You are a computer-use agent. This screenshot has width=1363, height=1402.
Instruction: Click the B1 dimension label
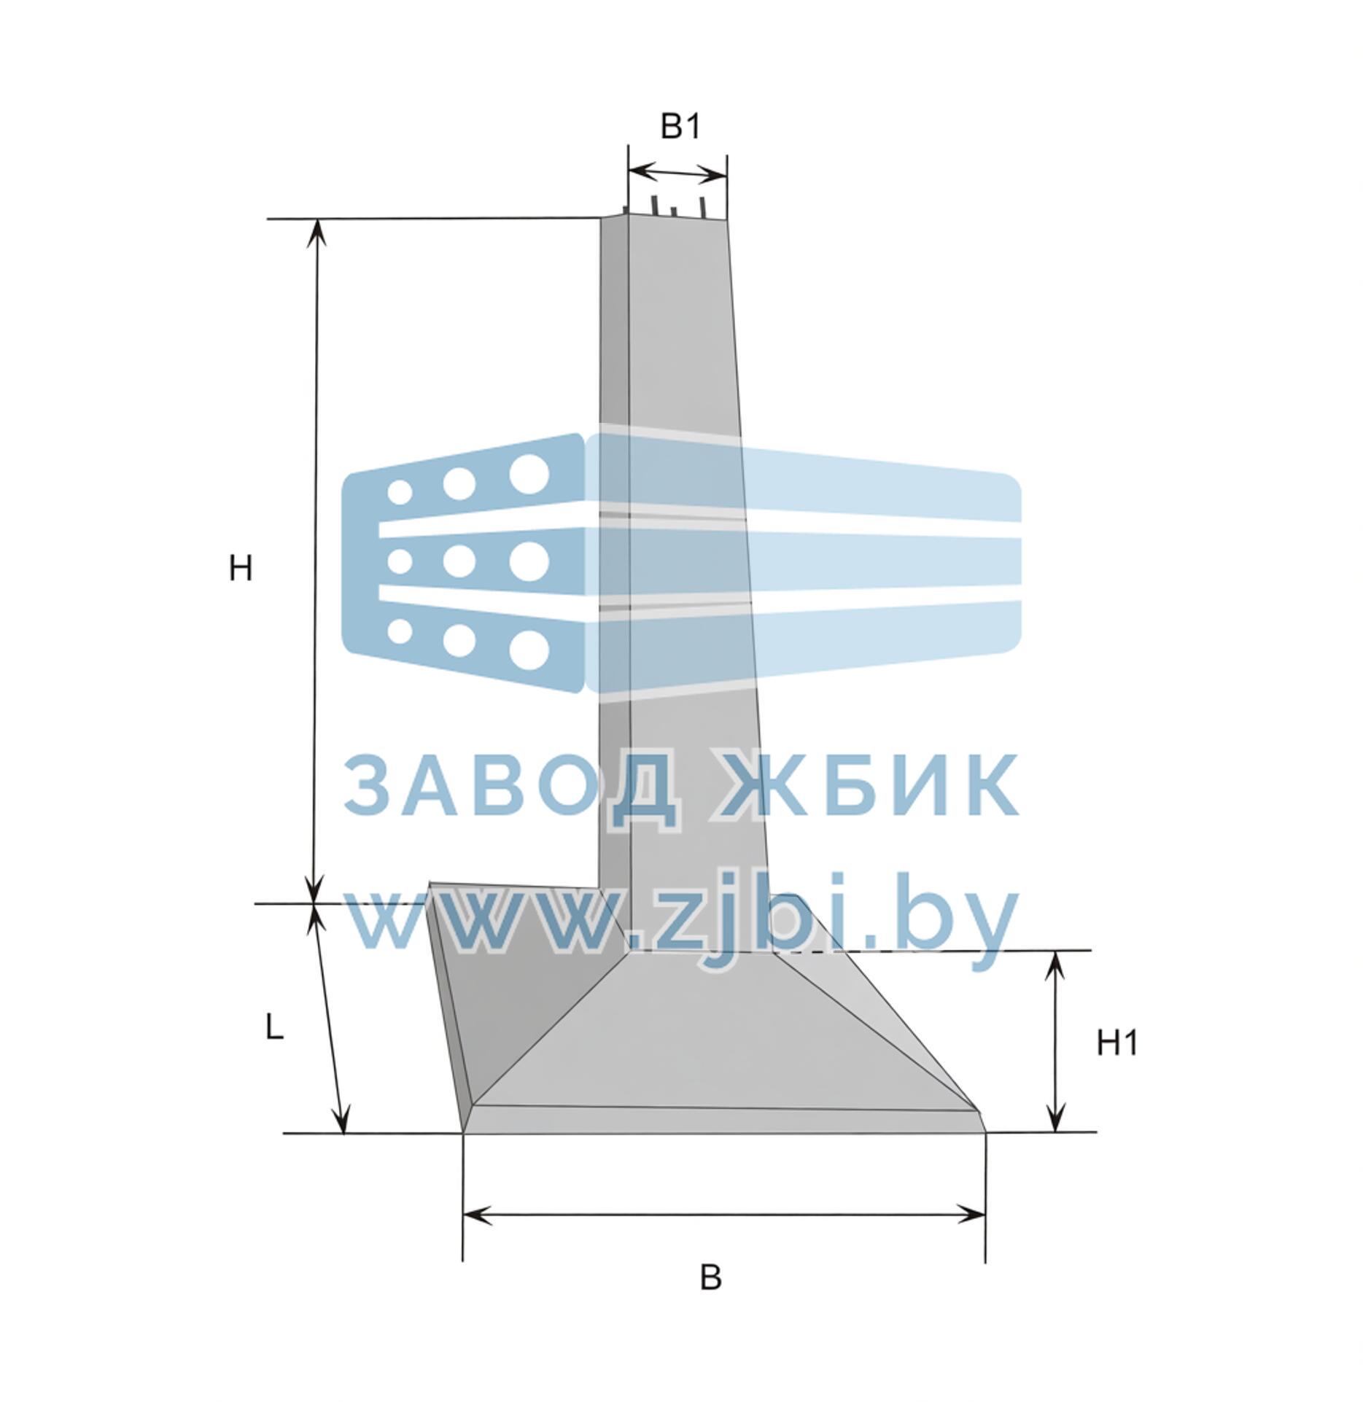coord(680,127)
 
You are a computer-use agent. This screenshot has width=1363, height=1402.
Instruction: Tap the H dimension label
coord(241,568)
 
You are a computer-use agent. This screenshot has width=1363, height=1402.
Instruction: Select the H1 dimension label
coord(1117,1044)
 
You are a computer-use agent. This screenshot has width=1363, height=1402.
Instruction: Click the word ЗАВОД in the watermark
coord(511,786)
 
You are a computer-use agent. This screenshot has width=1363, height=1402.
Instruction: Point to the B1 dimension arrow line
coord(677,174)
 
